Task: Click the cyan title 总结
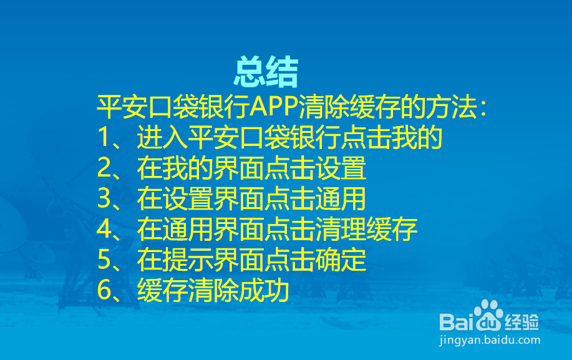pyautogui.click(x=266, y=72)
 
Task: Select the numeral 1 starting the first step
pyautogui.click(x=104, y=137)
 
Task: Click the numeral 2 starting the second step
pyautogui.click(x=104, y=168)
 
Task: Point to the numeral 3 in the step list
pyautogui.click(x=104, y=198)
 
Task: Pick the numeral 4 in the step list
pyautogui.click(x=104, y=229)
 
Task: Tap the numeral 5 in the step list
pyautogui.click(x=104, y=260)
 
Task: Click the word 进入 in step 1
pyautogui.click(x=162, y=137)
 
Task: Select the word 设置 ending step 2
pyautogui.click(x=341, y=168)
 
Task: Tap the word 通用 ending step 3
pyautogui.click(x=341, y=198)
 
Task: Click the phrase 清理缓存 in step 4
pyautogui.click(x=366, y=229)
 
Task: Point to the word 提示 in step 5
pyautogui.click(x=188, y=260)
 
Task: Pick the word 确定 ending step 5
pyautogui.click(x=341, y=260)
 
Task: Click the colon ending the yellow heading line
pyautogui.click(x=483, y=108)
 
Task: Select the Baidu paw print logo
pyautogui.click(x=488, y=314)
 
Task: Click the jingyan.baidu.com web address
pyautogui.click(x=490, y=340)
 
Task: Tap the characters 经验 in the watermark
pyautogui.click(x=521, y=322)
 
